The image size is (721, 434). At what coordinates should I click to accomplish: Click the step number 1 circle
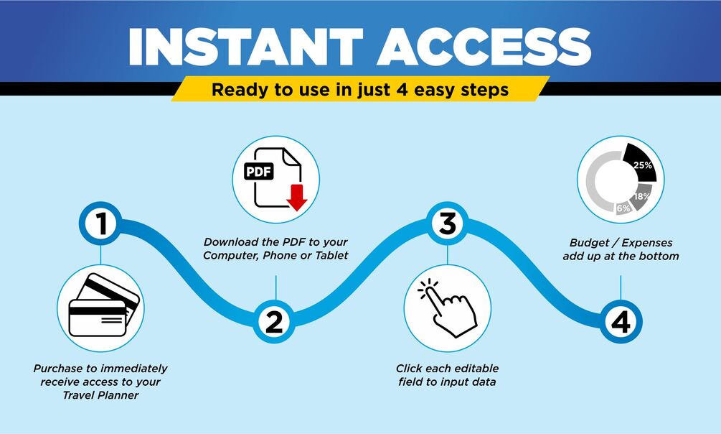click(100, 223)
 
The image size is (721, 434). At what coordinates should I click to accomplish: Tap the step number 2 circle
click(275, 321)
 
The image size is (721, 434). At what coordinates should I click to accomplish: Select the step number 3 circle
click(448, 223)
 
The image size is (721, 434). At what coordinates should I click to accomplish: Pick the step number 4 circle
click(621, 321)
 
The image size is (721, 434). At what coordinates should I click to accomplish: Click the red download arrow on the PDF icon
click(297, 198)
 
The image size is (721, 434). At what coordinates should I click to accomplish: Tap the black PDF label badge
click(259, 172)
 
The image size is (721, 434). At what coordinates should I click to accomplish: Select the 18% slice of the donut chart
click(641, 197)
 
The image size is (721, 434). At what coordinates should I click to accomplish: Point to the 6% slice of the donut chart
click(623, 208)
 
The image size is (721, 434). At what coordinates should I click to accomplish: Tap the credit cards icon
click(103, 305)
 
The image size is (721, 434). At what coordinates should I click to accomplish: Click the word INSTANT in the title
click(246, 46)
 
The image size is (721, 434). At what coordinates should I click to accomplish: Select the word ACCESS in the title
click(484, 46)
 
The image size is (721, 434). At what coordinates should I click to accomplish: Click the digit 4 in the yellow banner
click(402, 89)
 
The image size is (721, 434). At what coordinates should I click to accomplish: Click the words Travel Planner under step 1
click(100, 394)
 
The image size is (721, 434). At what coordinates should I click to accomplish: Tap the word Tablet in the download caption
click(331, 255)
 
